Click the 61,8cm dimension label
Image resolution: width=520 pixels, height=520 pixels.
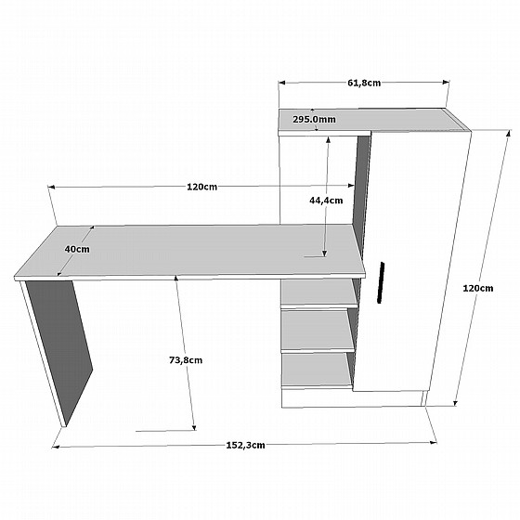(x=364, y=83)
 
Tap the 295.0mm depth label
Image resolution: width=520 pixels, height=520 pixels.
(x=314, y=119)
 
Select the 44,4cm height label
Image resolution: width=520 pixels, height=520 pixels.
(x=326, y=201)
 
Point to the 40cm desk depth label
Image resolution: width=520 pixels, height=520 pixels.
(x=77, y=249)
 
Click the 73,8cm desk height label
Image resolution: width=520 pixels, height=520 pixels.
(x=186, y=360)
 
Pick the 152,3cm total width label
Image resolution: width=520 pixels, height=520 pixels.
(x=245, y=445)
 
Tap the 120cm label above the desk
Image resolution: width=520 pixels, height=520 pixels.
(x=202, y=187)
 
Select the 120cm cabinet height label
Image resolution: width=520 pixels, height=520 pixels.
(x=478, y=288)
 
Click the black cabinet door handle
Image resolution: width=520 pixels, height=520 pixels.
(x=381, y=282)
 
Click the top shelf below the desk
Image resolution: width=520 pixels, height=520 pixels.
(x=319, y=292)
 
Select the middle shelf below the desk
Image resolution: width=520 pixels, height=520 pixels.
(x=318, y=331)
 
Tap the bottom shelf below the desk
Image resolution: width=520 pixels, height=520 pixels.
(x=317, y=370)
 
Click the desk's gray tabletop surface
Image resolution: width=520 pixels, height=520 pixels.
(x=190, y=251)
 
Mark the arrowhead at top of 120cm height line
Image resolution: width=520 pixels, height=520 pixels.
(x=509, y=132)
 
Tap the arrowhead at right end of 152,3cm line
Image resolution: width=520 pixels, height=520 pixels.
(x=434, y=442)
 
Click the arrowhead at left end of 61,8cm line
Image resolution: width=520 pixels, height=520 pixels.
(x=282, y=83)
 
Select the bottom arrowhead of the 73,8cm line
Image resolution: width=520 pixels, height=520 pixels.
(x=194, y=427)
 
